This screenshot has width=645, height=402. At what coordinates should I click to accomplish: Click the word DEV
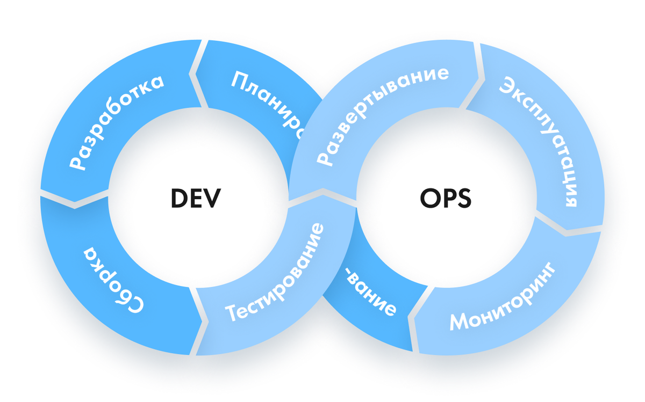(x=196, y=199)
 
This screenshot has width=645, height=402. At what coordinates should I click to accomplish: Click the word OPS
(x=446, y=199)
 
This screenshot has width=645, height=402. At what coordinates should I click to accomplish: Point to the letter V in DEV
(x=214, y=199)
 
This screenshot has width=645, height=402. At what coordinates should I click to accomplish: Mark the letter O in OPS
(x=428, y=199)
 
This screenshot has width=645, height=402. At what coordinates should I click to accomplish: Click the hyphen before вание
(x=350, y=277)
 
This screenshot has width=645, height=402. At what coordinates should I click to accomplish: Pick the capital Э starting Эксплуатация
(x=507, y=85)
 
